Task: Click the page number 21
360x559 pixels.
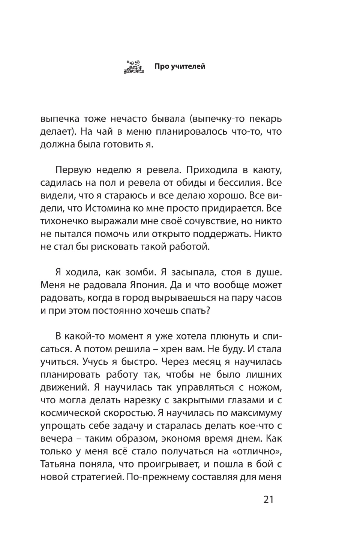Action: tap(269, 499)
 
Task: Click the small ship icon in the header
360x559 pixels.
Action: tap(134, 66)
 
